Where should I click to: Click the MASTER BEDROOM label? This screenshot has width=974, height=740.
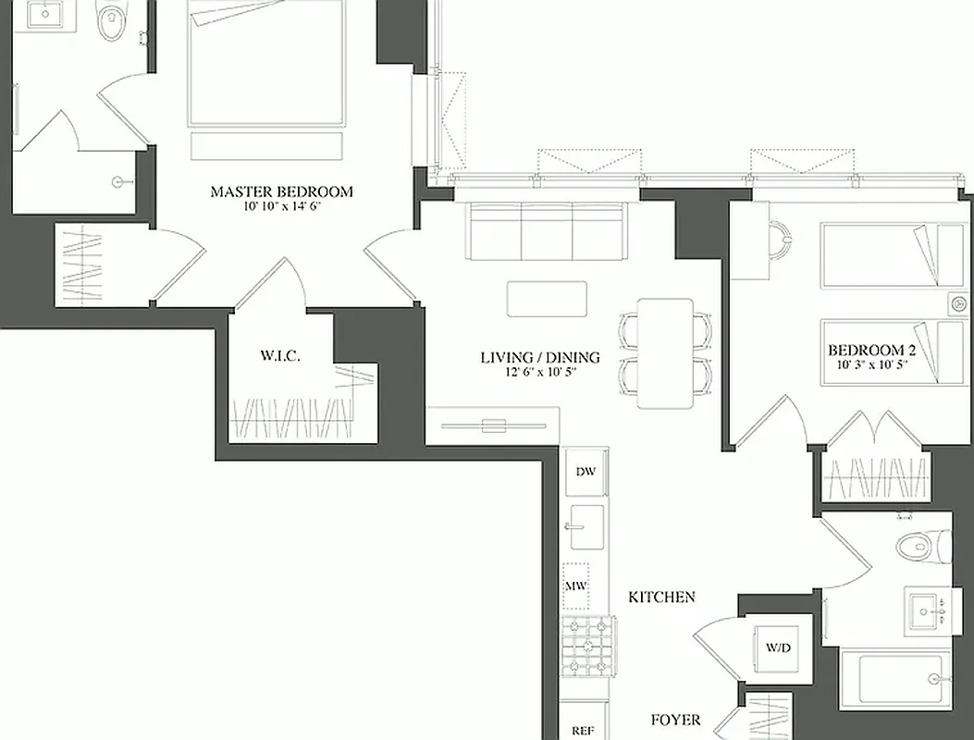(x=281, y=191)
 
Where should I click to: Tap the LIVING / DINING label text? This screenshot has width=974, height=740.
(x=539, y=357)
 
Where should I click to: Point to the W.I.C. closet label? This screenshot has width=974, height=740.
(x=279, y=355)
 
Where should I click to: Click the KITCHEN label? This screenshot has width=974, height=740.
(x=661, y=598)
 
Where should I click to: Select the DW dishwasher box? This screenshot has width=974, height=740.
(x=586, y=472)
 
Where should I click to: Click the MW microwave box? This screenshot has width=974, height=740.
(x=577, y=586)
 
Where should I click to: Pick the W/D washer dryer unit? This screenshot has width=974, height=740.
(x=778, y=647)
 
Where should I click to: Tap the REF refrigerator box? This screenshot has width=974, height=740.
(x=583, y=728)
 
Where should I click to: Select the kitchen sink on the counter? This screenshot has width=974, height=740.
(x=585, y=527)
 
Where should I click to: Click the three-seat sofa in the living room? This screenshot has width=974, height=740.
(x=547, y=233)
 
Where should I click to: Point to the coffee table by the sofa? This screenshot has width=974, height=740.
(x=547, y=299)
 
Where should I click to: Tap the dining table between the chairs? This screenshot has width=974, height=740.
(x=665, y=352)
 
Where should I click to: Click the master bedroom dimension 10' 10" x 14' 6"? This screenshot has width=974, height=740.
(x=281, y=206)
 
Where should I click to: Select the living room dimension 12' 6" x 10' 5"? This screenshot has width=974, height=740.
(x=539, y=372)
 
